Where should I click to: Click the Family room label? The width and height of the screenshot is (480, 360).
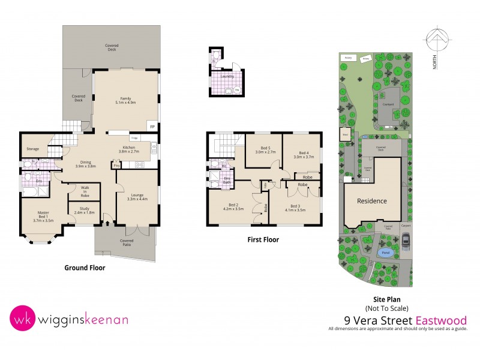[126, 100]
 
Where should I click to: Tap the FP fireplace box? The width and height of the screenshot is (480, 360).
[152, 127]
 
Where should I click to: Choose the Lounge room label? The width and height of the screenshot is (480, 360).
[137, 196]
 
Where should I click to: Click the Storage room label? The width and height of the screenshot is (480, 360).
[32, 149]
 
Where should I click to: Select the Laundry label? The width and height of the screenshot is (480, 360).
[227, 76]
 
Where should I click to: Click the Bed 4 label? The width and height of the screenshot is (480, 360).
[300, 154]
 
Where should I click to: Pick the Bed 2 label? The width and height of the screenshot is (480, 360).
[233, 207]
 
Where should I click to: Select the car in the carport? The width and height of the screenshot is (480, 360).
[406, 241]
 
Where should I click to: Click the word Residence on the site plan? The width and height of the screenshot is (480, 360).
[372, 201]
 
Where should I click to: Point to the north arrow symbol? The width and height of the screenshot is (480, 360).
[436, 41]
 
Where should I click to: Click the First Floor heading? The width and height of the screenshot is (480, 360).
[263, 239]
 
